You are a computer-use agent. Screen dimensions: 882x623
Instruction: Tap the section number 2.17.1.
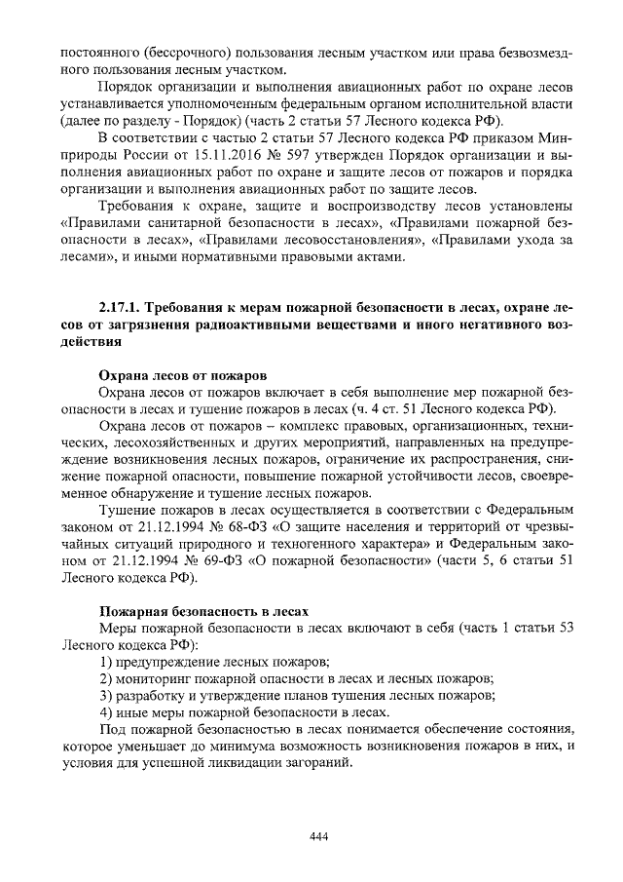(x=125, y=307)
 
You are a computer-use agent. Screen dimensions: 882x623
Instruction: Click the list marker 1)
(x=108, y=662)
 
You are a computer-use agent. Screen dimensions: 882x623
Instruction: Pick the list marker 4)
(x=108, y=713)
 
